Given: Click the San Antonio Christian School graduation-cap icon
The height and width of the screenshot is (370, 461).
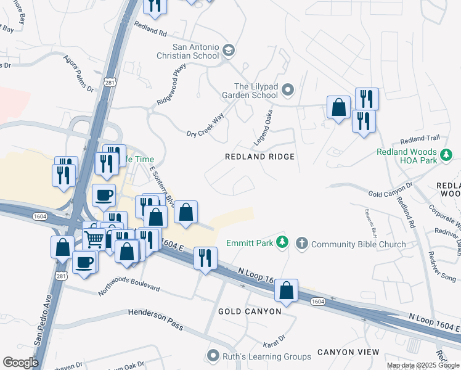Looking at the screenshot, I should click(229, 51).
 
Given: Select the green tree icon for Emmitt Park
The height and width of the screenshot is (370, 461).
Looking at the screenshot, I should click(282, 243).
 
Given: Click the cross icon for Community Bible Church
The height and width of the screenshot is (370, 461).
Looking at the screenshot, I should click(302, 243).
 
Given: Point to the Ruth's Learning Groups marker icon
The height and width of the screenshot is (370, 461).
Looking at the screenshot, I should click(214, 356).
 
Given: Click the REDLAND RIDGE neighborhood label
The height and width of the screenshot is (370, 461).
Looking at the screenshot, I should click(259, 157).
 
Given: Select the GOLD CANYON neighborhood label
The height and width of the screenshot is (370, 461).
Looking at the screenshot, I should click(250, 311).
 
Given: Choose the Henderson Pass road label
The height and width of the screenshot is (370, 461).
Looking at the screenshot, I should click(155, 314).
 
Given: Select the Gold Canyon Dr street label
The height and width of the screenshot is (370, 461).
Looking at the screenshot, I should click(390, 190).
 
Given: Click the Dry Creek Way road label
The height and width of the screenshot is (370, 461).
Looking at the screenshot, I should click(205, 126).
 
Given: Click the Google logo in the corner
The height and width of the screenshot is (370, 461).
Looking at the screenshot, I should click(20, 363).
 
